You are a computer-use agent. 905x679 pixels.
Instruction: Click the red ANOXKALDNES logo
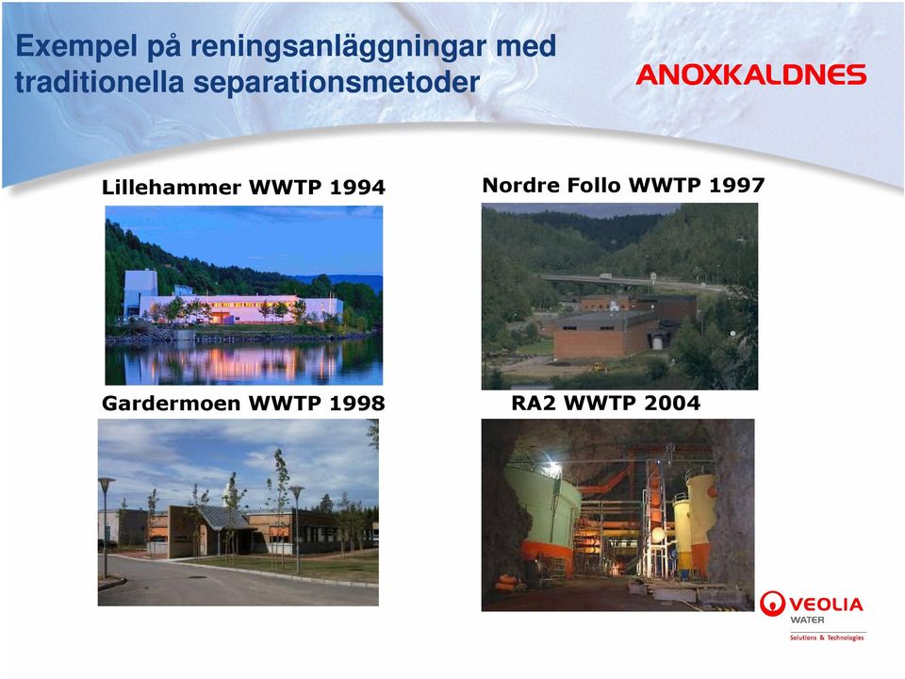coord(751,75)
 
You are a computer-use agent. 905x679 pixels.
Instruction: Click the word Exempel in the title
coord(76,47)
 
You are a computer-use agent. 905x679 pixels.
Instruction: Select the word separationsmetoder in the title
coord(337,82)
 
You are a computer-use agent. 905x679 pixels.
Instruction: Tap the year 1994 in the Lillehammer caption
coord(357,187)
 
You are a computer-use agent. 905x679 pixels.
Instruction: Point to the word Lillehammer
coord(172,187)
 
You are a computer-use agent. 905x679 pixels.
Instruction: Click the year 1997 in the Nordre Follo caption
coord(737,185)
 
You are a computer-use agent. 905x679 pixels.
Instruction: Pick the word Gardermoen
coord(172,403)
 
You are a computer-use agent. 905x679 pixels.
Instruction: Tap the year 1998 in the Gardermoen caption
coord(357,403)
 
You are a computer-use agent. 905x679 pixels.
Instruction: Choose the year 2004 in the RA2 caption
coord(672,403)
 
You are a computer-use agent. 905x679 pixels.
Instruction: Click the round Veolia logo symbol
coord(772,604)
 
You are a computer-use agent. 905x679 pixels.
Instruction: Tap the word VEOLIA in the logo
coord(826,604)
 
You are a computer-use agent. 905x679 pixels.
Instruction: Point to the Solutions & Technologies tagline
coord(827,638)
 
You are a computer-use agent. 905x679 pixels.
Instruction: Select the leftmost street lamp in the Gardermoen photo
coord(106,526)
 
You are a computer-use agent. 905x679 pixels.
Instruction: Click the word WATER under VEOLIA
coord(807,621)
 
